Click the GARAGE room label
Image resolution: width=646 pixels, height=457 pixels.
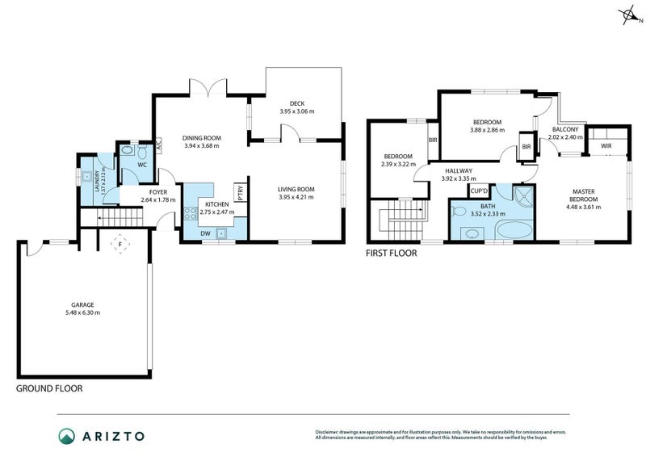83,305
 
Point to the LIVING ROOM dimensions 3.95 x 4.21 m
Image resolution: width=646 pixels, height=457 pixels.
296,197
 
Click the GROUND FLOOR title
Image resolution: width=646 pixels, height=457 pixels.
49,388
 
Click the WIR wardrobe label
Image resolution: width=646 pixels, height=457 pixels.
606,146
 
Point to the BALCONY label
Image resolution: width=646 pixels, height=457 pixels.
564,129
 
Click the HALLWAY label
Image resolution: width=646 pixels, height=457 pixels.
458,171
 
